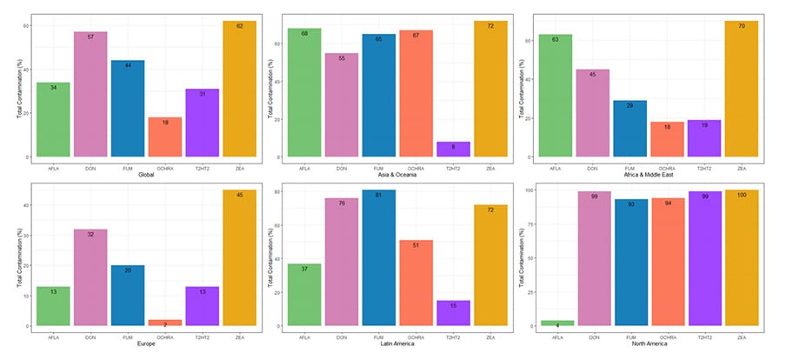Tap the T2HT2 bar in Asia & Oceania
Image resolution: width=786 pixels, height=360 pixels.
point(453,149)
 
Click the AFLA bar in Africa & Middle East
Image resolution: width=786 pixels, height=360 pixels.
point(555,97)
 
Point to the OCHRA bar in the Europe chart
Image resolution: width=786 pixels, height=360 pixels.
point(164,323)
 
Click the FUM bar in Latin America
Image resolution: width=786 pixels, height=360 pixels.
point(378,257)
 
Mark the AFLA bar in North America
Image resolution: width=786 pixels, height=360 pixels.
point(556,323)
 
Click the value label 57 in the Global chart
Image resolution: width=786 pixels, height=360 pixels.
point(90,37)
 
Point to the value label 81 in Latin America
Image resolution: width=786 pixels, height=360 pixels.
point(378,196)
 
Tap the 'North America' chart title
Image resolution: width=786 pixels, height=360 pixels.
point(648,344)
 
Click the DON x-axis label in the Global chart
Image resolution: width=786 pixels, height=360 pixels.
point(90,166)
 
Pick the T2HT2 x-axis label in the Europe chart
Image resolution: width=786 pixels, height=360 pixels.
point(202,335)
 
